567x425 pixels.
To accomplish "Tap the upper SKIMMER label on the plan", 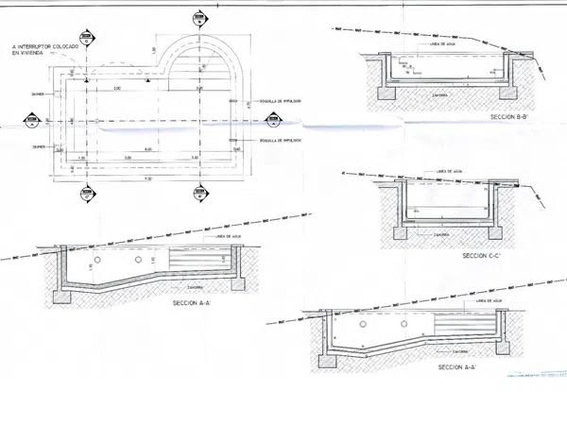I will (39, 94).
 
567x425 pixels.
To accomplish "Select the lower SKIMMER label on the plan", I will (39, 148).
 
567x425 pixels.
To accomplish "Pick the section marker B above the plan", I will (198, 18).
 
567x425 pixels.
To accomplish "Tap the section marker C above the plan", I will (86, 39).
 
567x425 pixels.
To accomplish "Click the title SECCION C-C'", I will (481, 255).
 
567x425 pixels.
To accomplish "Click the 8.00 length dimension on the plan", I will (148, 149).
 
